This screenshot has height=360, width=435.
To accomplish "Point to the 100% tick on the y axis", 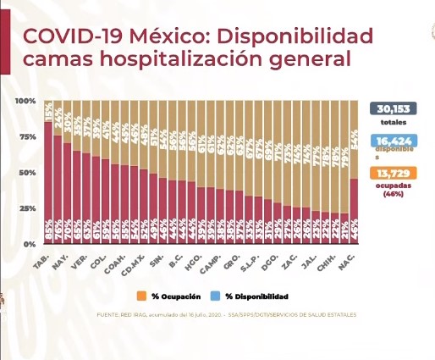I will [x=25, y=102].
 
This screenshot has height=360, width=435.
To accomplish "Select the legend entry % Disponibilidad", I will [x=252, y=296].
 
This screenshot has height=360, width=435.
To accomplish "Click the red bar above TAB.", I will [x=48, y=182].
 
